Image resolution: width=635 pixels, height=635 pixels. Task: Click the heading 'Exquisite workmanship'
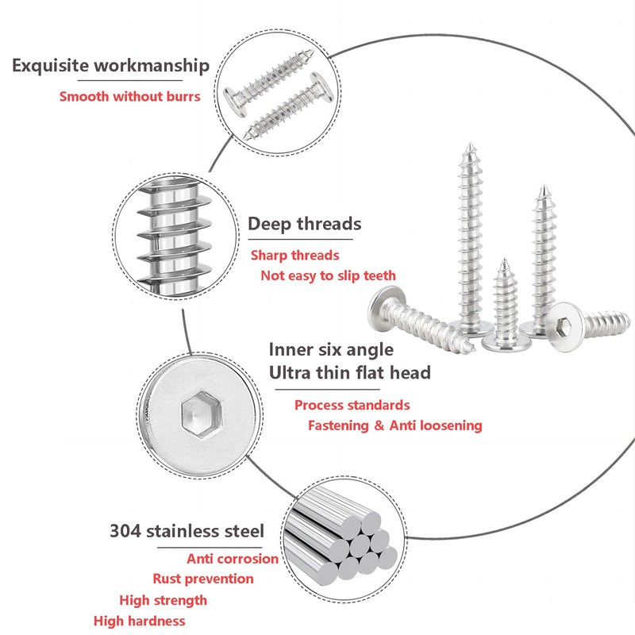110,65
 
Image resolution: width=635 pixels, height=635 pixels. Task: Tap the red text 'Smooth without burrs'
130,97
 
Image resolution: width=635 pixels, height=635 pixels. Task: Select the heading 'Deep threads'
304,224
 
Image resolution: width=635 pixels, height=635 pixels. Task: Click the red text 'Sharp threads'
294,255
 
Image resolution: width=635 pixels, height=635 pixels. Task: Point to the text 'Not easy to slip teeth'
328,275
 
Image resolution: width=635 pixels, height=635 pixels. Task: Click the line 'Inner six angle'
331,348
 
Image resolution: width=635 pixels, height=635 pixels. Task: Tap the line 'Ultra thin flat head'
349,372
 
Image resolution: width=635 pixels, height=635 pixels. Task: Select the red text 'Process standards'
352,405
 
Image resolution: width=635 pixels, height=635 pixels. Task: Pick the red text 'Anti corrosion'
233,559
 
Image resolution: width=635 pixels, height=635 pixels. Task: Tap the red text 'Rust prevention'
203,579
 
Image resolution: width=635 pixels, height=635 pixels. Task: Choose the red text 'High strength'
163,600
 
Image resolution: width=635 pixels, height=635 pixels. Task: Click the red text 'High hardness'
139,621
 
